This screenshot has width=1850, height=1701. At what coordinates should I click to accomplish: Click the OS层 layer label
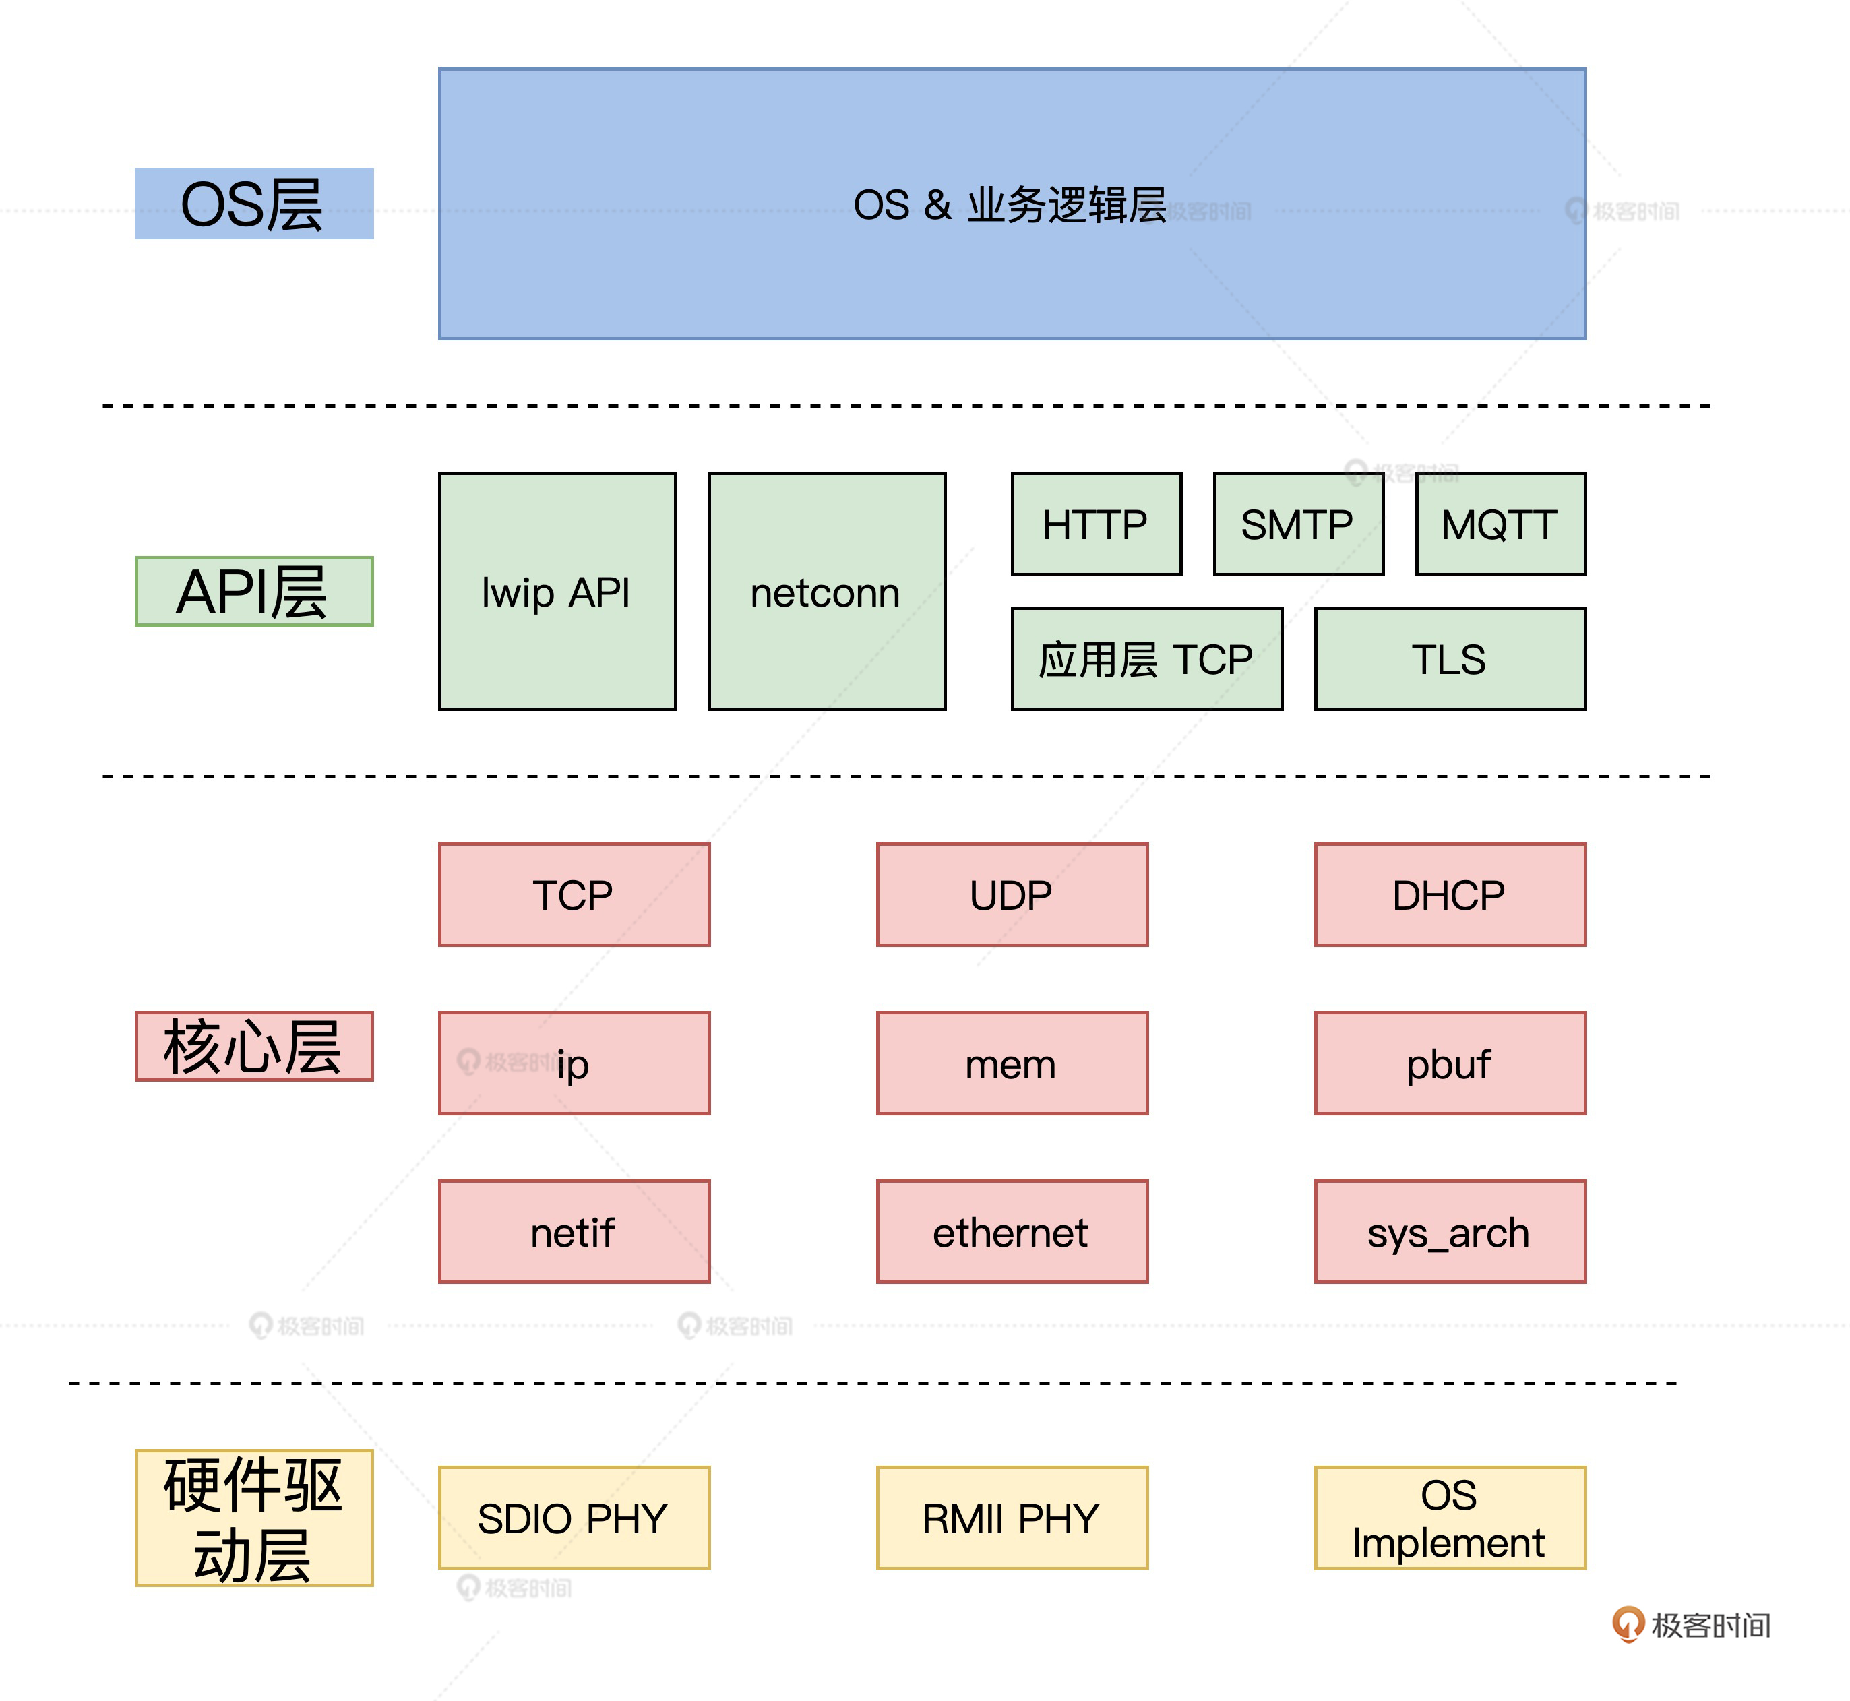click(x=253, y=204)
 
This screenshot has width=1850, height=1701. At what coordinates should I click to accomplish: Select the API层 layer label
click(x=253, y=591)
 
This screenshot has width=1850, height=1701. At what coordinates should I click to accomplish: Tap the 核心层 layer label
click(x=253, y=1047)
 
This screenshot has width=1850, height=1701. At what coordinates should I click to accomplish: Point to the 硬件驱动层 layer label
click(x=253, y=1518)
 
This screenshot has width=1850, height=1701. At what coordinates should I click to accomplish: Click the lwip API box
click(x=557, y=592)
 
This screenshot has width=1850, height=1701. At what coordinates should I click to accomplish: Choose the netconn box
click(x=826, y=592)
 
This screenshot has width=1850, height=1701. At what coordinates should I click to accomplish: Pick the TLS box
click(x=1450, y=659)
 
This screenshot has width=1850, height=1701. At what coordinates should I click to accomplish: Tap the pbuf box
click(x=1450, y=1063)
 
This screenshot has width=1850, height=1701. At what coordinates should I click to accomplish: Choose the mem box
click(x=1012, y=1063)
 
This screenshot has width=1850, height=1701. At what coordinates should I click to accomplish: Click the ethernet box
click(x=1012, y=1231)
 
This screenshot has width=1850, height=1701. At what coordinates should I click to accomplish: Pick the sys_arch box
click(x=1450, y=1231)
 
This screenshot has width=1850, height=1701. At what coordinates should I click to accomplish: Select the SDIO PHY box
click(x=574, y=1518)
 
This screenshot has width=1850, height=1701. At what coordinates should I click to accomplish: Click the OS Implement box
click(x=1450, y=1518)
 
